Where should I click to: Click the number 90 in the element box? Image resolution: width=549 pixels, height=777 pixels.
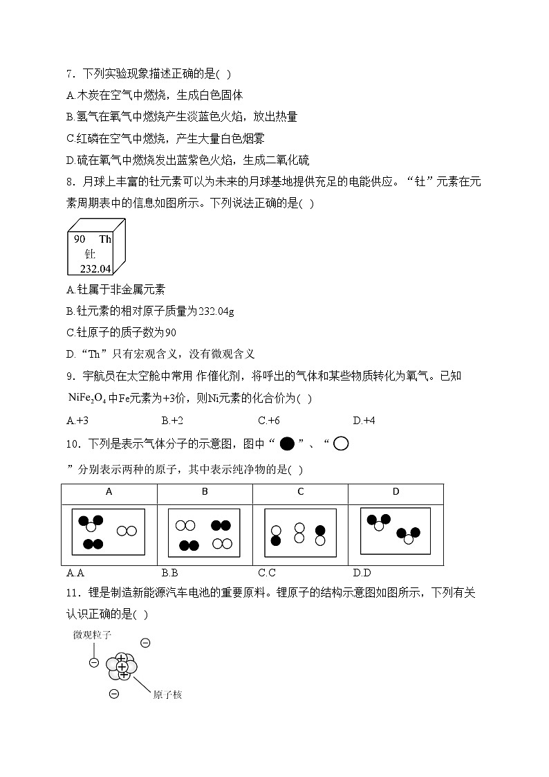tap(80, 239)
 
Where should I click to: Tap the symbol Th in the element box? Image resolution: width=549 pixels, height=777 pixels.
tap(105, 239)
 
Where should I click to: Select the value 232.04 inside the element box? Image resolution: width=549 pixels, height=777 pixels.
tap(95, 268)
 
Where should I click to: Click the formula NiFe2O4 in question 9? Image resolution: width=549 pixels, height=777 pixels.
tap(87, 398)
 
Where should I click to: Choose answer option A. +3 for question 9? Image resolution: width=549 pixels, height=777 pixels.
tap(77, 420)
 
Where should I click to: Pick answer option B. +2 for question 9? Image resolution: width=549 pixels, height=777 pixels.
tap(172, 420)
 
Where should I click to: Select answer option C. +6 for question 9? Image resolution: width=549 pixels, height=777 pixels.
tap(268, 420)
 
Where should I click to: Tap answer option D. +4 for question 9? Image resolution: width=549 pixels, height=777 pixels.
tap(364, 420)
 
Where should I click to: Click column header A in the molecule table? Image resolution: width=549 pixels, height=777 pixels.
tap(109, 492)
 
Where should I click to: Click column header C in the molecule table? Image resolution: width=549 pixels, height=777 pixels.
tap(300, 492)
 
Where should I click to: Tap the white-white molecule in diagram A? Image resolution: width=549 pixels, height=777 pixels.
tap(127, 531)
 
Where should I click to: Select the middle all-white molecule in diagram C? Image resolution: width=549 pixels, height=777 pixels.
tap(299, 533)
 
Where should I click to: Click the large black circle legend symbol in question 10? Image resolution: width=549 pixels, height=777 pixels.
tap(288, 444)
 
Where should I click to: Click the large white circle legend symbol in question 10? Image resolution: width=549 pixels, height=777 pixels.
tap(341, 444)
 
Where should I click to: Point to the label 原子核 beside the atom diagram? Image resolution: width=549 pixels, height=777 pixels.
tap(167, 695)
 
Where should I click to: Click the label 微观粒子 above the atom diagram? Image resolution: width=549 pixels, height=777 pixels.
tap(92, 634)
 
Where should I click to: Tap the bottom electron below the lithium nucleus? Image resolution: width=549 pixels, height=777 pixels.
tap(114, 694)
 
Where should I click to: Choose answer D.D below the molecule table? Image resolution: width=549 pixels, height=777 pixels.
tap(362, 572)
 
